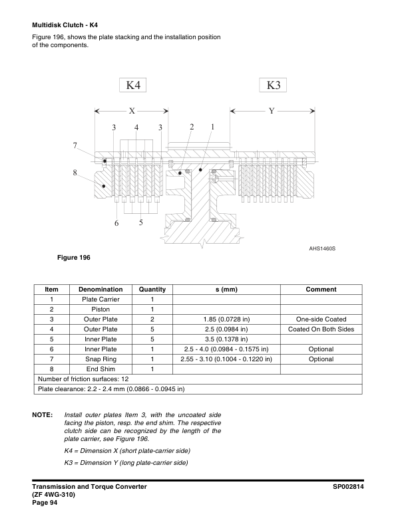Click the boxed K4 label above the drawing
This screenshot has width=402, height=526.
tap(133, 85)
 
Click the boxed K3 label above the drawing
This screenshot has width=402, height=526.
tap(273, 85)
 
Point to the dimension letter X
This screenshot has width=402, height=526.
tap(132, 111)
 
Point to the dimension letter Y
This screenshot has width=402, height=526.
tap(272, 111)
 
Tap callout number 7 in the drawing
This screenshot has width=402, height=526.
tap(75, 145)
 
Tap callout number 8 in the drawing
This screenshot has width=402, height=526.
tap(75, 173)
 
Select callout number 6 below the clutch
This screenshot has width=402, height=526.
tap(116, 223)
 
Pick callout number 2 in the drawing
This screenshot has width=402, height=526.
tap(192, 126)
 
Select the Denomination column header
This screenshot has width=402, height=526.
tap(100, 290)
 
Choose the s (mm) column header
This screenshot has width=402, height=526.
tap(226, 290)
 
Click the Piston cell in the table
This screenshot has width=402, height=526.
tap(100, 309)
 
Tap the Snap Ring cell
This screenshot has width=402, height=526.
tap(100, 359)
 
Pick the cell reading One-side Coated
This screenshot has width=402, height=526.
tap(321, 319)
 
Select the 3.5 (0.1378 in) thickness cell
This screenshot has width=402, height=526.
tap(226, 339)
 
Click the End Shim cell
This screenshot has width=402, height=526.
tap(100, 369)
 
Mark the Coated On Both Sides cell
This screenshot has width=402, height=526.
tap(321, 329)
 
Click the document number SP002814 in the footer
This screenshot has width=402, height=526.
tap(352, 487)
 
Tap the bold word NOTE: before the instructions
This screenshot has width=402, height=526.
tap(43, 415)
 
